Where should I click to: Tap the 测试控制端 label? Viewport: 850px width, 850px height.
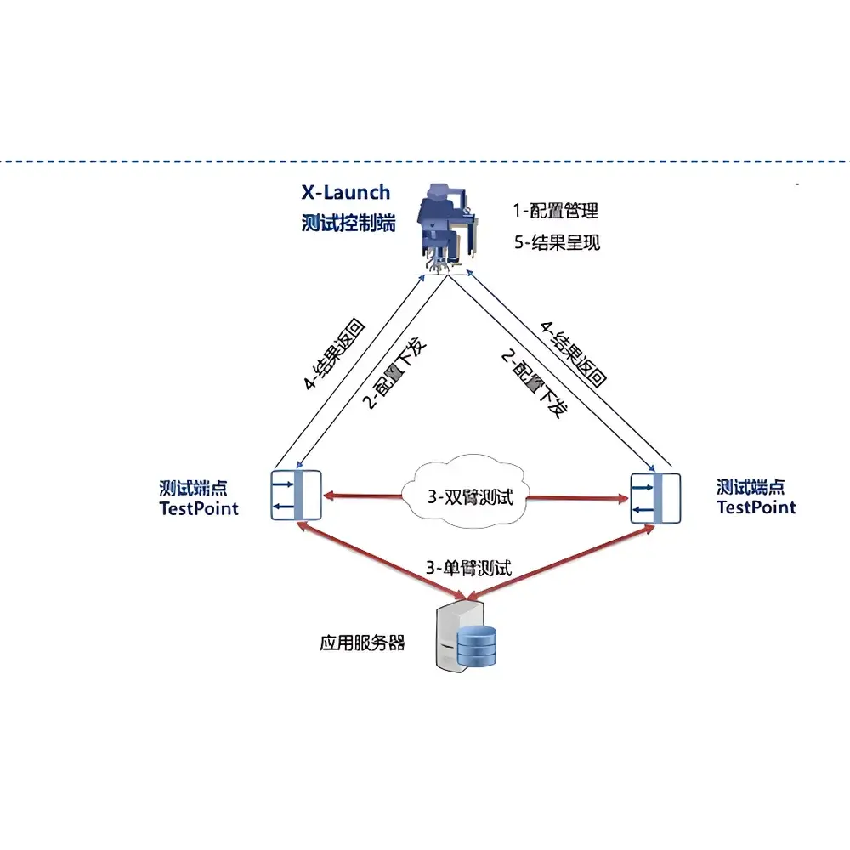[348, 224]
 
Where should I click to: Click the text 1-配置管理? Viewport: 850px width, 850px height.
[556, 210]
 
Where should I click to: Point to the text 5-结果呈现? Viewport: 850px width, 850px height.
[557, 242]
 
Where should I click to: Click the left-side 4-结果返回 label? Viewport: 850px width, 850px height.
[334, 355]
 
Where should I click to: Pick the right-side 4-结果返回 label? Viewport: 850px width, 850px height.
[578, 355]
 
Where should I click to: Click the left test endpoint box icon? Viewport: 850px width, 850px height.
[296, 496]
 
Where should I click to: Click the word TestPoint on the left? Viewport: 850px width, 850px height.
[199, 508]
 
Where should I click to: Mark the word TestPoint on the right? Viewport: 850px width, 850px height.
[756, 507]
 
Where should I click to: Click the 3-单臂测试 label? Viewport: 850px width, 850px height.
[469, 568]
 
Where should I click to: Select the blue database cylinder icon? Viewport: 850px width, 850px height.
[476, 646]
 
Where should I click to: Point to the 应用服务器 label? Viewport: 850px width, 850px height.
[362, 643]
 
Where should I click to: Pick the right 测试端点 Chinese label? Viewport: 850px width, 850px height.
[751, 487]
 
